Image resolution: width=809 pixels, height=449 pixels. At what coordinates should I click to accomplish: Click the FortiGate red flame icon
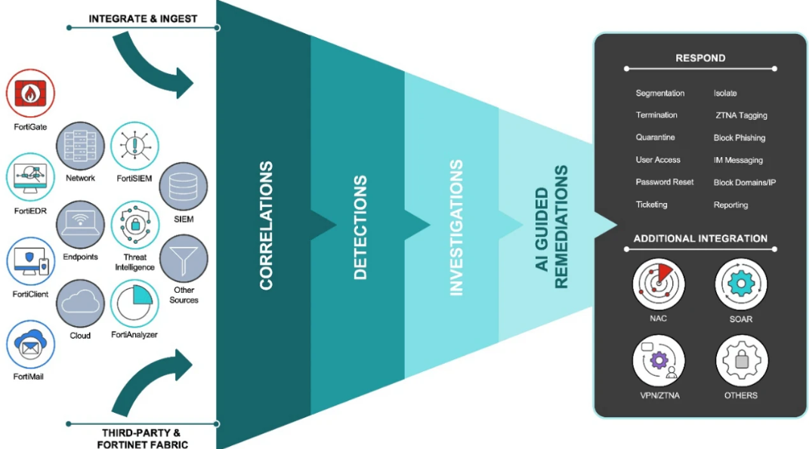coord(30,94)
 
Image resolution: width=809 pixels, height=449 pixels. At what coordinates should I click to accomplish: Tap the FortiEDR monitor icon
coord(30,175)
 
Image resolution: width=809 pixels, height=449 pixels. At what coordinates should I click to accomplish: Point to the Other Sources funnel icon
coord(184,258)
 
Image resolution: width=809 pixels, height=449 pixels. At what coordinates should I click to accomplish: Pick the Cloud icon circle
coord(80,303)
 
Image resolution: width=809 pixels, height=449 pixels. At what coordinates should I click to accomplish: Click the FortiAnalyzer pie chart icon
coord(134,303)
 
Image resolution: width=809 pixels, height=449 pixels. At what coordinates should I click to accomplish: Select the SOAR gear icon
coord(741,284)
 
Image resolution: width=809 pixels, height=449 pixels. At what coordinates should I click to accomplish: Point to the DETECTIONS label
coord(360,227)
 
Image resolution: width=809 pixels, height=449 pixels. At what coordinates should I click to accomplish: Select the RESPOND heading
coord(700,57)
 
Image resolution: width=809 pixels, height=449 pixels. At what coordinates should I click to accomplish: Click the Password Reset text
coord(664,182)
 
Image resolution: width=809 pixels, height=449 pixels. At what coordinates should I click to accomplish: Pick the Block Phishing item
coord(740,138)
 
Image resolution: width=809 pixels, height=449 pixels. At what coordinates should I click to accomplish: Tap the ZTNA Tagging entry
coord(741,115)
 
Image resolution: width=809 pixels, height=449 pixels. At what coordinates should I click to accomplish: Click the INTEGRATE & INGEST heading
coord(143,18)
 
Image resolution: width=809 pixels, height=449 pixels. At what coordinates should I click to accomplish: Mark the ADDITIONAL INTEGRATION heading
coord(700,238)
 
